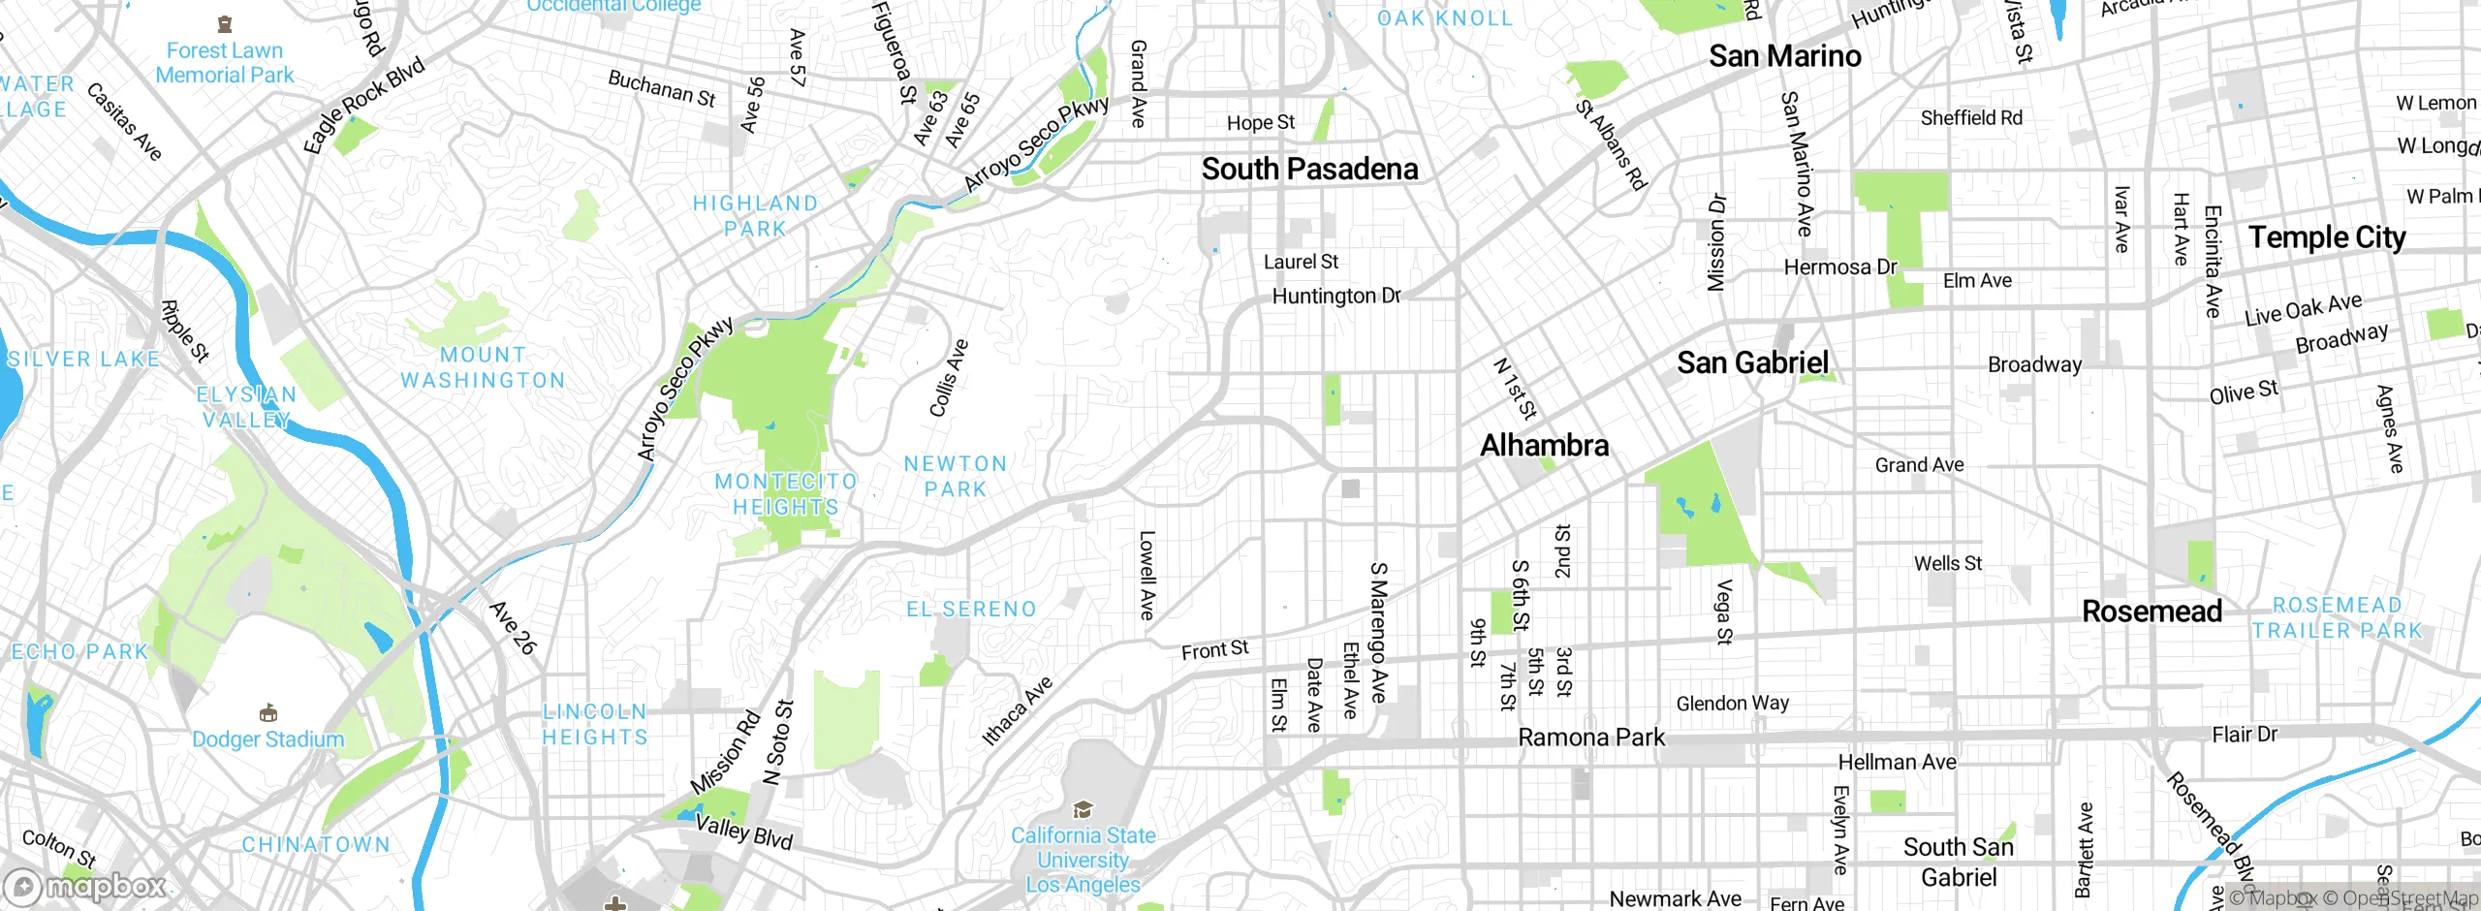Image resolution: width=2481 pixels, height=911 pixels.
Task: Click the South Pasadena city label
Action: [1309, 170]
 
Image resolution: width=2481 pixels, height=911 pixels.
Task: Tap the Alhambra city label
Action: [1544, 446]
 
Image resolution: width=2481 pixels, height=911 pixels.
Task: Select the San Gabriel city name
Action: [1752, 363]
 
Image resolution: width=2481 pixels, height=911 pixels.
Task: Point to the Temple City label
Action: [2326, 237]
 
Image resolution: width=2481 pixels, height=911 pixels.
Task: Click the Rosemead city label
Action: [2151, 612]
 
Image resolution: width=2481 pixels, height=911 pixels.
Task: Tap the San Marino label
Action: [1784, 56]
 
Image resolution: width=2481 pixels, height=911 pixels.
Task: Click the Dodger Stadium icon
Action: [268, 714]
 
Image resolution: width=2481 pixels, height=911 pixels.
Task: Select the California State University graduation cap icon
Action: [1083, 809]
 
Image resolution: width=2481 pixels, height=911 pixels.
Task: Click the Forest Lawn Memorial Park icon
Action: [225, 24]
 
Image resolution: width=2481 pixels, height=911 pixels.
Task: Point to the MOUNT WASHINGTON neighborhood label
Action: [483, 368]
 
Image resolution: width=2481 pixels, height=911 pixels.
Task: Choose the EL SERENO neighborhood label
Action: [971, 610]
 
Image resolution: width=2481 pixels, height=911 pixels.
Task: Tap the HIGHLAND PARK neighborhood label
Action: [755, 216]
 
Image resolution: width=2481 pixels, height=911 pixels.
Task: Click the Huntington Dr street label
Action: [1335, 296]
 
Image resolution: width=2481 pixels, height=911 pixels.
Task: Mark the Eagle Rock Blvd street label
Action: [363, 105]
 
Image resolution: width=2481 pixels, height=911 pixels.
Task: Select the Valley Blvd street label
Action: [744, 832]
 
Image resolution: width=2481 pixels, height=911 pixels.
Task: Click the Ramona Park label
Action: [1590, 738]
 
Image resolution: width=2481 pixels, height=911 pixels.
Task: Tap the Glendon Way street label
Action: [1732, 703]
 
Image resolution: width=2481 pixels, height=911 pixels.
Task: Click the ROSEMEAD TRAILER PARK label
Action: [2337, 618]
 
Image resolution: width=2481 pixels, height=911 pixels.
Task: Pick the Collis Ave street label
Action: [949, 378]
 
